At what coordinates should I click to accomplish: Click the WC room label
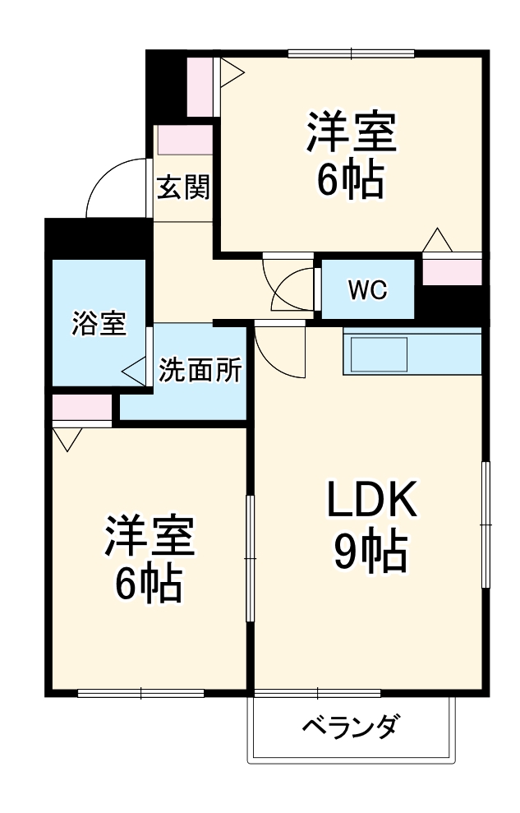(366, 289)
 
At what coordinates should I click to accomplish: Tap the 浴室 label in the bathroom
(99, 324)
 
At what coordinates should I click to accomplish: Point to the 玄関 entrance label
(183, 188)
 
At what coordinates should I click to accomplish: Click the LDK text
(372, 500)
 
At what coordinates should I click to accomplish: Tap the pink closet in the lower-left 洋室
(81, 407)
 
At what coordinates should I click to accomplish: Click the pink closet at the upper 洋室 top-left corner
(198, 85)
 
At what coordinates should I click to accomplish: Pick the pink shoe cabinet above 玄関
(185, 141)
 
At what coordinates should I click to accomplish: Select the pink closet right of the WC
(451, 271)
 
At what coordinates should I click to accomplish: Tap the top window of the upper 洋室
(351, 54)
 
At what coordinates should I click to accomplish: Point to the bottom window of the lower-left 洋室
(140, 693)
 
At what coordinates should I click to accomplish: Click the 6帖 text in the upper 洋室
(351, 182)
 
